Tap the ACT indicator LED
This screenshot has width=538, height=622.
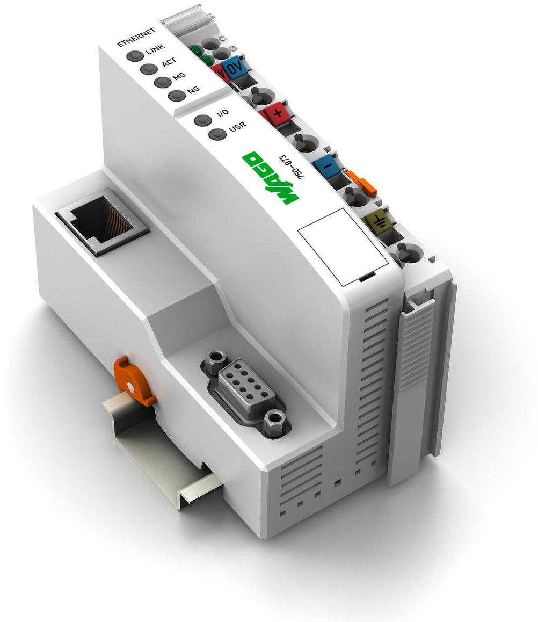pos(148,69)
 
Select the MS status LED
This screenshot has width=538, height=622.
pos(161,82)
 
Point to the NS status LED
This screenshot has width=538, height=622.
pos(176,96)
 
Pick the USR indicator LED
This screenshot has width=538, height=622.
pos(217,134)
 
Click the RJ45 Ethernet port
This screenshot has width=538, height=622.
pos(101,221)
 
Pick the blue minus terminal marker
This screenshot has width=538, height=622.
pos(327,164)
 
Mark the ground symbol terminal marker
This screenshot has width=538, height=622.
pos(376,220)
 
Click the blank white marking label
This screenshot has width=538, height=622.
pos(343,246)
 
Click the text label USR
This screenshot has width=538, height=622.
pos(237,128)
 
